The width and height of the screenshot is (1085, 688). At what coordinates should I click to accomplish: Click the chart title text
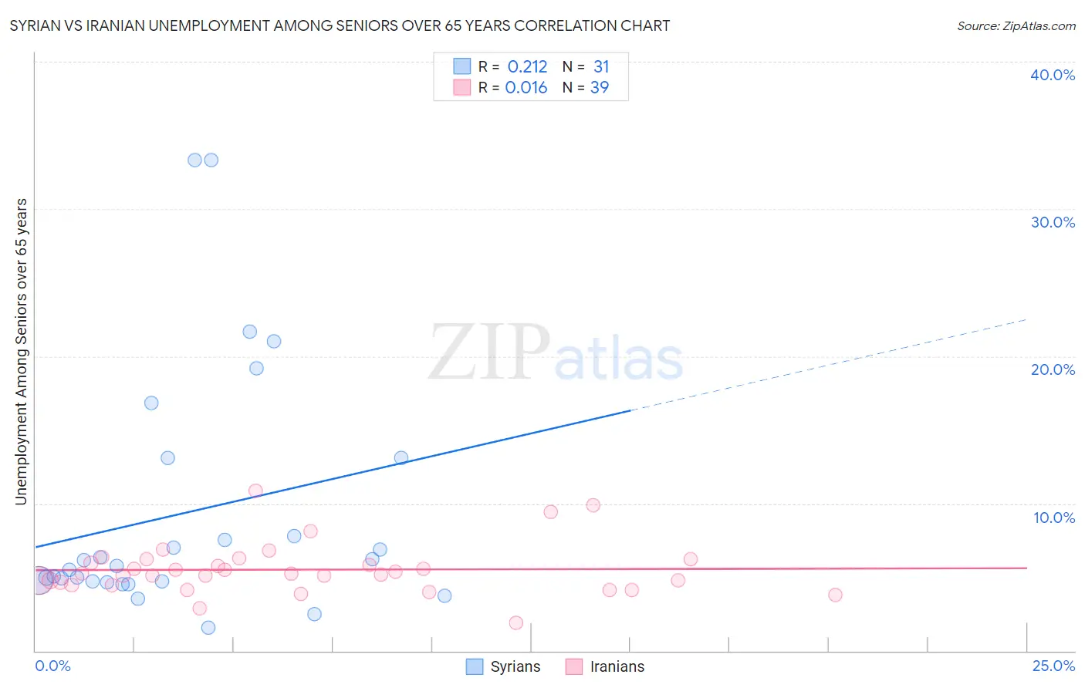coord(340,25)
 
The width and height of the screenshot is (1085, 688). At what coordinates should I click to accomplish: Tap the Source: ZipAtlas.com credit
coord(1016,25)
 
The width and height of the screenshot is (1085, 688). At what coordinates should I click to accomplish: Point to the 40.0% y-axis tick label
coord(1053,75)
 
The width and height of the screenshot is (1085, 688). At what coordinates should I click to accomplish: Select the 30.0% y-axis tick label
coord(1053,222)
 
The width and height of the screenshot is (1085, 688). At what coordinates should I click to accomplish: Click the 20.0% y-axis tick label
coord(1053,369)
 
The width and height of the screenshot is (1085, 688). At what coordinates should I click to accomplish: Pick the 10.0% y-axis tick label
coord(1053,518)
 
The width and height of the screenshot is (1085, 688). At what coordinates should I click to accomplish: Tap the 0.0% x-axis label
coord(52,666)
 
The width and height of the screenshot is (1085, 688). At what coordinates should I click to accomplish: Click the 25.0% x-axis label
coord(1053,666)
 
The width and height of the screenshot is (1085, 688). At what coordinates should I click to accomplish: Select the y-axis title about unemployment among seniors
coord(21,352)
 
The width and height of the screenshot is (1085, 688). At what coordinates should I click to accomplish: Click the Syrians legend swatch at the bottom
coord(475,666)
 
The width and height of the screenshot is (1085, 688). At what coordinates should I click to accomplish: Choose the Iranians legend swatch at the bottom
coord(573,666)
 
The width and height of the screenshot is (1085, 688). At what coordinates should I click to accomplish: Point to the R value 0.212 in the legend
coord(527,67)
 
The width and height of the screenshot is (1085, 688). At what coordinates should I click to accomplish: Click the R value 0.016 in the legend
coord(526,88)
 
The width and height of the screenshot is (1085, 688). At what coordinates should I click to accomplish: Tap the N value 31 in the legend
coord(601,67)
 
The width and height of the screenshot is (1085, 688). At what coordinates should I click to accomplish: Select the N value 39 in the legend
coord(600,88)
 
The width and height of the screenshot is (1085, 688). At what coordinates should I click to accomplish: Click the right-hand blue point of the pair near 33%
coord(211,160)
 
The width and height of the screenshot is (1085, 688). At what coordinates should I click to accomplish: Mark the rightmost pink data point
coord(835,595)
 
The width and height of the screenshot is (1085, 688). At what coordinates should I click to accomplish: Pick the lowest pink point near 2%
coord(516,622)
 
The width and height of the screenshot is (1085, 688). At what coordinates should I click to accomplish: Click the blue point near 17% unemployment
coord(151,403)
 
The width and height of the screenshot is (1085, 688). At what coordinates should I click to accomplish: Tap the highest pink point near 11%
coord(255,491)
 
